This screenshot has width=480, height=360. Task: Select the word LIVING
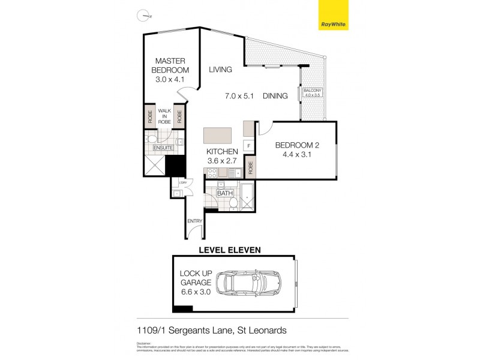click(220, 70)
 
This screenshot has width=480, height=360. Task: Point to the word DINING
click(275, 96)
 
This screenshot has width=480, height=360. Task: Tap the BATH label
click(224, 193)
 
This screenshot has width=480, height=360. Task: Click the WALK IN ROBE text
click(164, 116)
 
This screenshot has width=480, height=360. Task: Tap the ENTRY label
click(194, 221)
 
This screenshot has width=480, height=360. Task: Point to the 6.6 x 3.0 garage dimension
click(196, 292)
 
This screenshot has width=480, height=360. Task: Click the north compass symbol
click(142, 16)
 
